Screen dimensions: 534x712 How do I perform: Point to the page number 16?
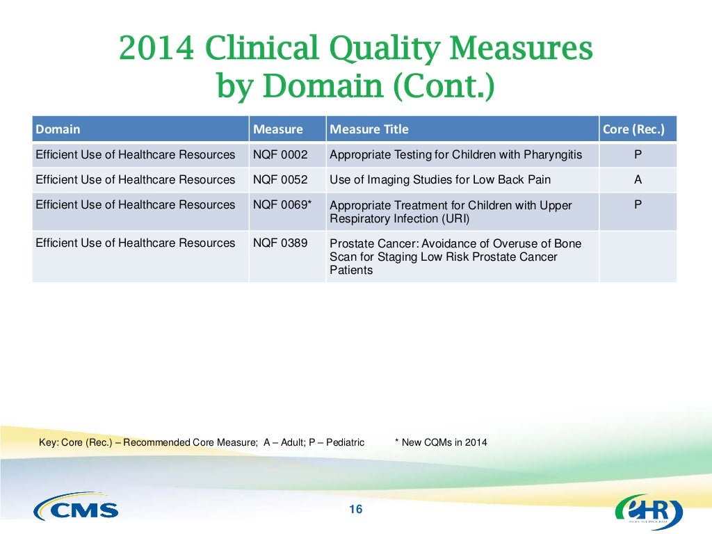355,510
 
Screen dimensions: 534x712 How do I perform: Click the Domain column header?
58,129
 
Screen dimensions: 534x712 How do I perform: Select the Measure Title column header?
369,129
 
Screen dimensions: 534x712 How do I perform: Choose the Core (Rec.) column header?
637,129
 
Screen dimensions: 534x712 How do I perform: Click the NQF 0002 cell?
280,154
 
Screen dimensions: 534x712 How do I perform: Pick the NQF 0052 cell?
280,179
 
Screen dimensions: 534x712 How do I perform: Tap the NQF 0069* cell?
282,204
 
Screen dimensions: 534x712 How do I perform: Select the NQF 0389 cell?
280,243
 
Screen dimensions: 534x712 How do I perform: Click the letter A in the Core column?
638,179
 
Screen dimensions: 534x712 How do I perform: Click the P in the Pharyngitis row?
638,154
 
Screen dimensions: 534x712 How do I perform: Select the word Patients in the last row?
351,270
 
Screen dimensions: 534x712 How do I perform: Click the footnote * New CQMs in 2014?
441,442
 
